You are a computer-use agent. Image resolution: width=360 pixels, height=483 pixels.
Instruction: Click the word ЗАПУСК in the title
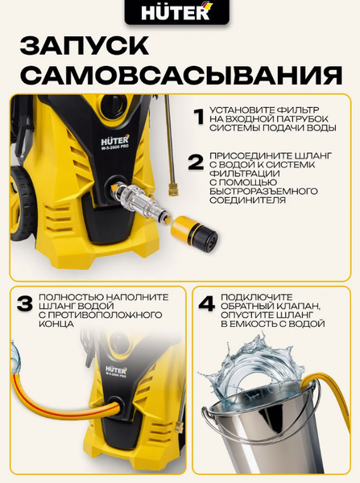coord(85,46)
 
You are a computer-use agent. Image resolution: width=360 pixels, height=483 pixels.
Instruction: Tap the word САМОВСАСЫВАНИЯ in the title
coord(183,75)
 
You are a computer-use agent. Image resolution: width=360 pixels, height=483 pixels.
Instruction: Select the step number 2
coord(197,163)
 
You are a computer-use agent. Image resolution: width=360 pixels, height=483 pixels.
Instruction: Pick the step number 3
coord(25,303)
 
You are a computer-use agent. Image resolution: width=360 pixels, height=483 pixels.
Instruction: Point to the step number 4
coord(207,303)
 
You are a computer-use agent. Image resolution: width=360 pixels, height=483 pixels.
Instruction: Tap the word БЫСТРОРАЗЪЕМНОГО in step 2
coord(263,191)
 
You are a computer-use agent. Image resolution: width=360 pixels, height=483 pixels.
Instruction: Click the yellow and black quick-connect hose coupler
coord(194,232)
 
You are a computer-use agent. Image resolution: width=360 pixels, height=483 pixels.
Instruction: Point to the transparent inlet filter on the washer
coord(140,201)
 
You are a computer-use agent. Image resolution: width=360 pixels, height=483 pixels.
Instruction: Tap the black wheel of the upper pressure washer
coord(23,204)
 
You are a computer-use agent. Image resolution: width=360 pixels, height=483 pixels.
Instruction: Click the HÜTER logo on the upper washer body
coord(114,141)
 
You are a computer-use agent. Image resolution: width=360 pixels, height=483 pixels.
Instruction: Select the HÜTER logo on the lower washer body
coord(116,369)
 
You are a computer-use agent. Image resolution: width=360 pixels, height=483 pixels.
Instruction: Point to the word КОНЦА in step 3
coord(56,324)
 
